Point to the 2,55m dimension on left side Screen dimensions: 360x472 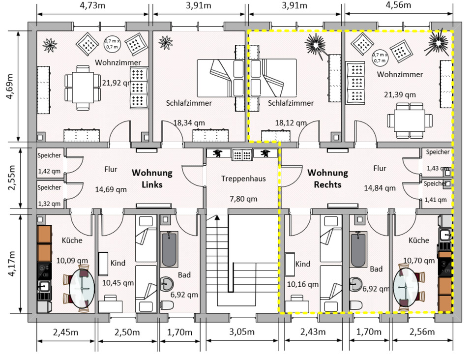(11, 178)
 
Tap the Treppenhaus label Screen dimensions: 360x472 (243, 179)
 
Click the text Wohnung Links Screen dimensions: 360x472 (151, 179)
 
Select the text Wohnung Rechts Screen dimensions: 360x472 (327, 179)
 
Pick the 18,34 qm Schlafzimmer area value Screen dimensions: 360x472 (189, 123)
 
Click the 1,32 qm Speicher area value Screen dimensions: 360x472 (49, 204)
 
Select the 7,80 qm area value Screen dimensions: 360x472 (243, 199)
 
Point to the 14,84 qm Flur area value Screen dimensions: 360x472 (379, 188)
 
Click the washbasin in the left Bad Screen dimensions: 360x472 (167, 283)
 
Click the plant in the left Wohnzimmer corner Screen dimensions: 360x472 (50, 45)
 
